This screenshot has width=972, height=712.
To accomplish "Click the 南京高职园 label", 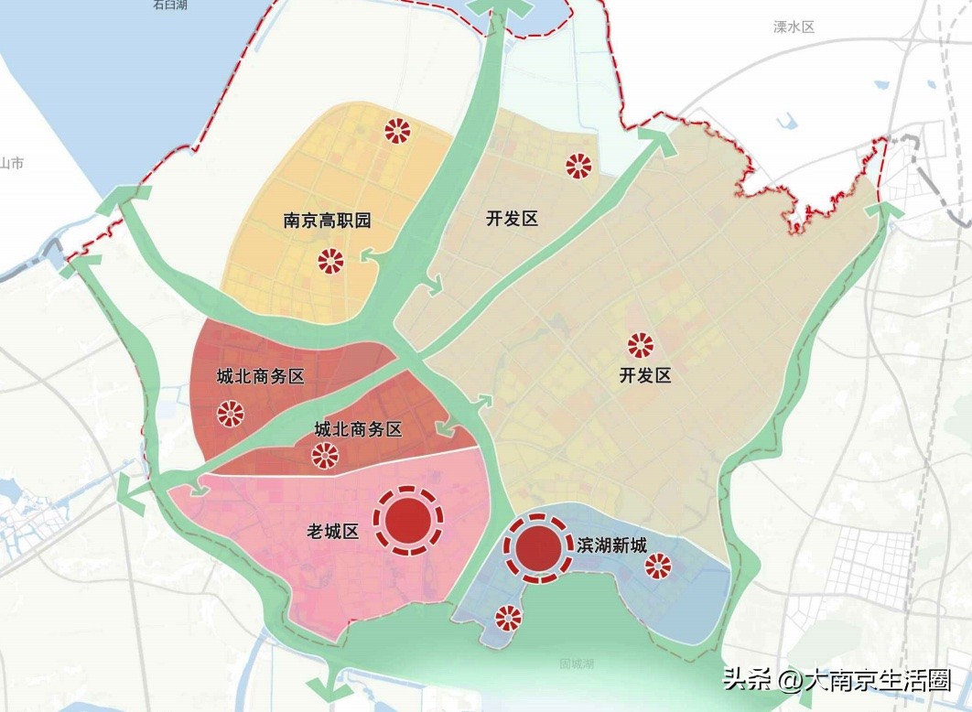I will tap(327, 221).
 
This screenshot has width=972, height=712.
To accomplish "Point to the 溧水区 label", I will tap(794, 27).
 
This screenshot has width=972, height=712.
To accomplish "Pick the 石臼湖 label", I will tap(170, 5).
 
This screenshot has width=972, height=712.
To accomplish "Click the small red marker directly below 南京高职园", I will tap(330, 262).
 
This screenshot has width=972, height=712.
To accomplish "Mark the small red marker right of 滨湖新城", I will tap(657, 567).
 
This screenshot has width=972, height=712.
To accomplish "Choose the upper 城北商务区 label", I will tap(260, 376).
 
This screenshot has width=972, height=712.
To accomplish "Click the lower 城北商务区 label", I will tap(358, 429).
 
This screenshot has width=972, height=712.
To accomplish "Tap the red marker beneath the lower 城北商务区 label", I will tap(324, 455).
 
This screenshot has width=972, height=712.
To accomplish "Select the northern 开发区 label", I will tap(512, 219).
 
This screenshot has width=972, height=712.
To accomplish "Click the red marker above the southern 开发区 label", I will tap(640, 345).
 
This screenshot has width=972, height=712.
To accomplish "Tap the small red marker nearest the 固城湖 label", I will tap(506, 619).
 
